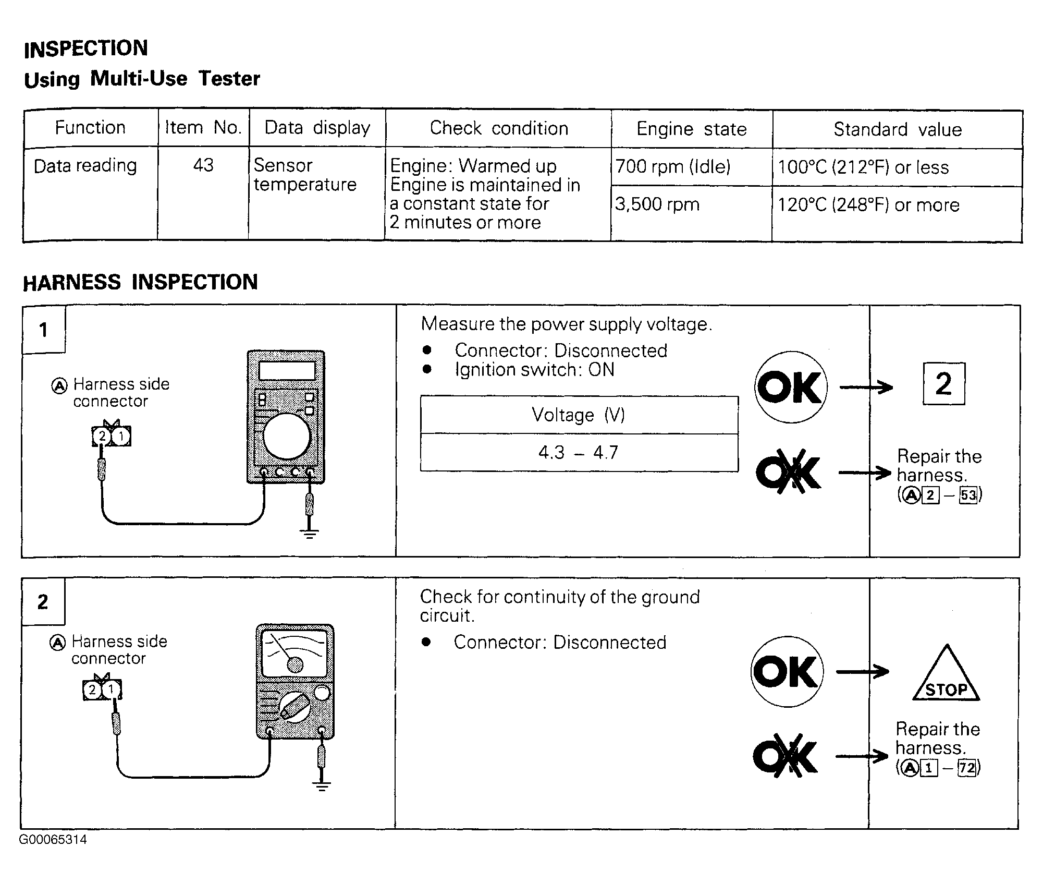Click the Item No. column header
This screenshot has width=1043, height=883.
point(203,128)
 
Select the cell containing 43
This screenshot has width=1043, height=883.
point(203,165)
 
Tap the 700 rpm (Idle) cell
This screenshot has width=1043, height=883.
point(673,167)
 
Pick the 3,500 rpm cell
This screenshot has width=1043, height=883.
point(657,204)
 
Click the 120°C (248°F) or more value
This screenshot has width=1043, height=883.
point(868,205)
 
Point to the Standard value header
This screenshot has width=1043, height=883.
point(898,129)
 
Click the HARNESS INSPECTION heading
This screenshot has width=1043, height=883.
point(140,282)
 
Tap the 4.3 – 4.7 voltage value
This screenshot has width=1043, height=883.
point(578,452)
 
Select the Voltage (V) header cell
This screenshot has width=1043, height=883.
point(578,415)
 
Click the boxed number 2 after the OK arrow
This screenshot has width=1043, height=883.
point(943,384)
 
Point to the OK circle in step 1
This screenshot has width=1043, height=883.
point(791,387)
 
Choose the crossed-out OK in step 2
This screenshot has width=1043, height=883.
point(786,756)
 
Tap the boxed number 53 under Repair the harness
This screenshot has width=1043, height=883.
point(968,494)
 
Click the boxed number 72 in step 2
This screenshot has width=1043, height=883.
point(966,768)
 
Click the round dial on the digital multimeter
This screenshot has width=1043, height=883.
point(287,437)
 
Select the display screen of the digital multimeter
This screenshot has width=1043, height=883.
point(287,371)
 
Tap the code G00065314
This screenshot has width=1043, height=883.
point(53,840)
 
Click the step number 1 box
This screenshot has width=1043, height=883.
point(44,330)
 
